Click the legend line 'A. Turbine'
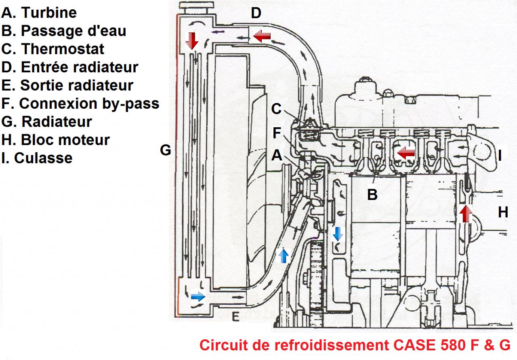point(39,13)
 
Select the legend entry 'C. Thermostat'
point(53,49)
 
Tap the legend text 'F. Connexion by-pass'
point(80,103)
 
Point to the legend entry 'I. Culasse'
point(37,158)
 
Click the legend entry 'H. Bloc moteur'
point(55,140)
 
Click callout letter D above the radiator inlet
point(256,13)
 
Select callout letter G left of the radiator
point(166,150)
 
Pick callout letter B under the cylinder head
point(372,195)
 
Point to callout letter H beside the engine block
point(502,213)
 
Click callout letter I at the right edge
point(500,156)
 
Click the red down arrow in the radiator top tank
point(192,41)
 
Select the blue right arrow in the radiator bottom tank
point(198,297)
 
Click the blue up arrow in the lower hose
point(284,256)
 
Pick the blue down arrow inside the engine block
point(337,234)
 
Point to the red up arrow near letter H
point(466,214)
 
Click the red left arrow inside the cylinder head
point(405,153)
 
